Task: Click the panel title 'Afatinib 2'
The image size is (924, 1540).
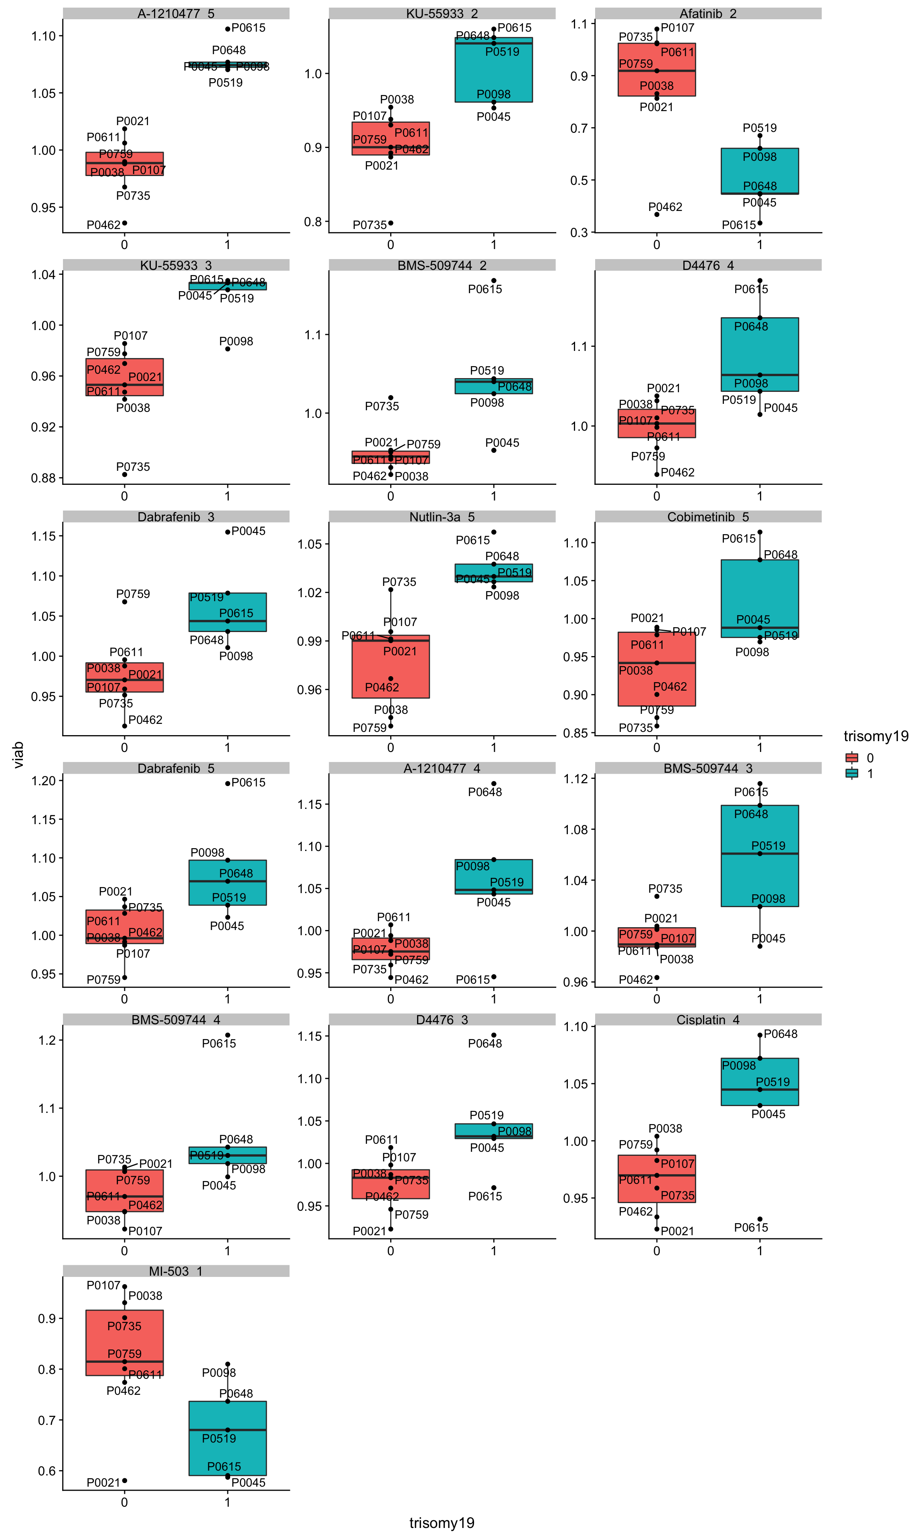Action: coord(707,14)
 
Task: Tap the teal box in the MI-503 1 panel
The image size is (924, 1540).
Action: coord(227,1438)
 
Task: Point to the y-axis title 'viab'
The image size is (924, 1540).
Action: coord(19,754)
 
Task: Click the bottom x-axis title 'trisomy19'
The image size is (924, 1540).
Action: coord(442,1523)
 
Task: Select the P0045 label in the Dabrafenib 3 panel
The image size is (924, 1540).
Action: coord(248,531)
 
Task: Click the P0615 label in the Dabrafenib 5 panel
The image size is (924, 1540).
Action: coord(248,782)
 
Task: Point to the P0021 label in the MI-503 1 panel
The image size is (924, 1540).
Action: coord(103,1483)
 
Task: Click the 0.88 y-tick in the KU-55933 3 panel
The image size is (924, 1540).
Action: coord(44,478)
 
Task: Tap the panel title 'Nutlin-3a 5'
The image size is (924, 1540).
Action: coord(442,517)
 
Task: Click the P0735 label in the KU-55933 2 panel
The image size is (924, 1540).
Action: coord(369,225)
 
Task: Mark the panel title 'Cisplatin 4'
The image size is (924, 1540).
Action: coord(707,1019)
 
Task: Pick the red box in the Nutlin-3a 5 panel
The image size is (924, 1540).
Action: coord(390,667)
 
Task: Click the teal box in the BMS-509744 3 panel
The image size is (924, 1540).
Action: coord(760,856)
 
